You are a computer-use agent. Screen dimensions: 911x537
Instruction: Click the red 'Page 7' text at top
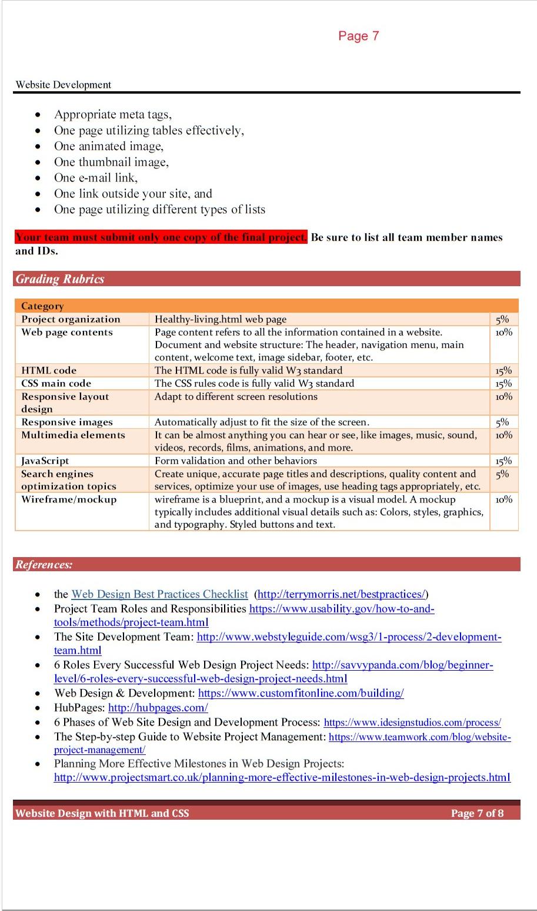point(358,36)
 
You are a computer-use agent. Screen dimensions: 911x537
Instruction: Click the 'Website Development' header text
point(64,85)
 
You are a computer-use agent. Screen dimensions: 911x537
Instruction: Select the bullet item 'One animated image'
point(109,146)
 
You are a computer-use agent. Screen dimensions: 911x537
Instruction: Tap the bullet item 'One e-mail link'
point(96,178)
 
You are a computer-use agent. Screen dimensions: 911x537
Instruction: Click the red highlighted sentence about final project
point(161,237)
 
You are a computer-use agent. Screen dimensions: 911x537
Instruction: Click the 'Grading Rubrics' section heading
point(60,279)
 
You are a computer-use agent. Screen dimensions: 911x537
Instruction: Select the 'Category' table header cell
point(42,306)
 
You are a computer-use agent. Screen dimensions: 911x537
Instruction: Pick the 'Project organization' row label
point(71,319)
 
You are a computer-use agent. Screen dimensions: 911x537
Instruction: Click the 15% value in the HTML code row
point(503,370)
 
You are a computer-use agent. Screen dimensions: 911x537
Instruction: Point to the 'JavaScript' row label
point(45,461)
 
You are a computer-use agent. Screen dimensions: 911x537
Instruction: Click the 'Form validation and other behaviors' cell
point(235,461)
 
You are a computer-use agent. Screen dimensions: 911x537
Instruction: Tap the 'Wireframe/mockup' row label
point(69,499)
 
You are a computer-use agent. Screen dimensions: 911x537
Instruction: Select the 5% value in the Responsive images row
point(502,422)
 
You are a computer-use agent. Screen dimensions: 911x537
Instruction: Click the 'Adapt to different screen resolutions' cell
point(236,396)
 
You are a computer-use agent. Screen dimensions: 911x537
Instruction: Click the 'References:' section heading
point(44,565)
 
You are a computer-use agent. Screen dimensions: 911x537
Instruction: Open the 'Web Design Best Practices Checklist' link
point(159,594)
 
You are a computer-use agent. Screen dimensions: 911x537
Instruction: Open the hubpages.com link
point(158,708)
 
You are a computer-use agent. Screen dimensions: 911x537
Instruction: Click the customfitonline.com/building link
point(301,693)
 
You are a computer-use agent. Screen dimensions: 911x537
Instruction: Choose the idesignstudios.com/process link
point(412,723)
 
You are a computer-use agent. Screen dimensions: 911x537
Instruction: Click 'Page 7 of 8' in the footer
point(477,813)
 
